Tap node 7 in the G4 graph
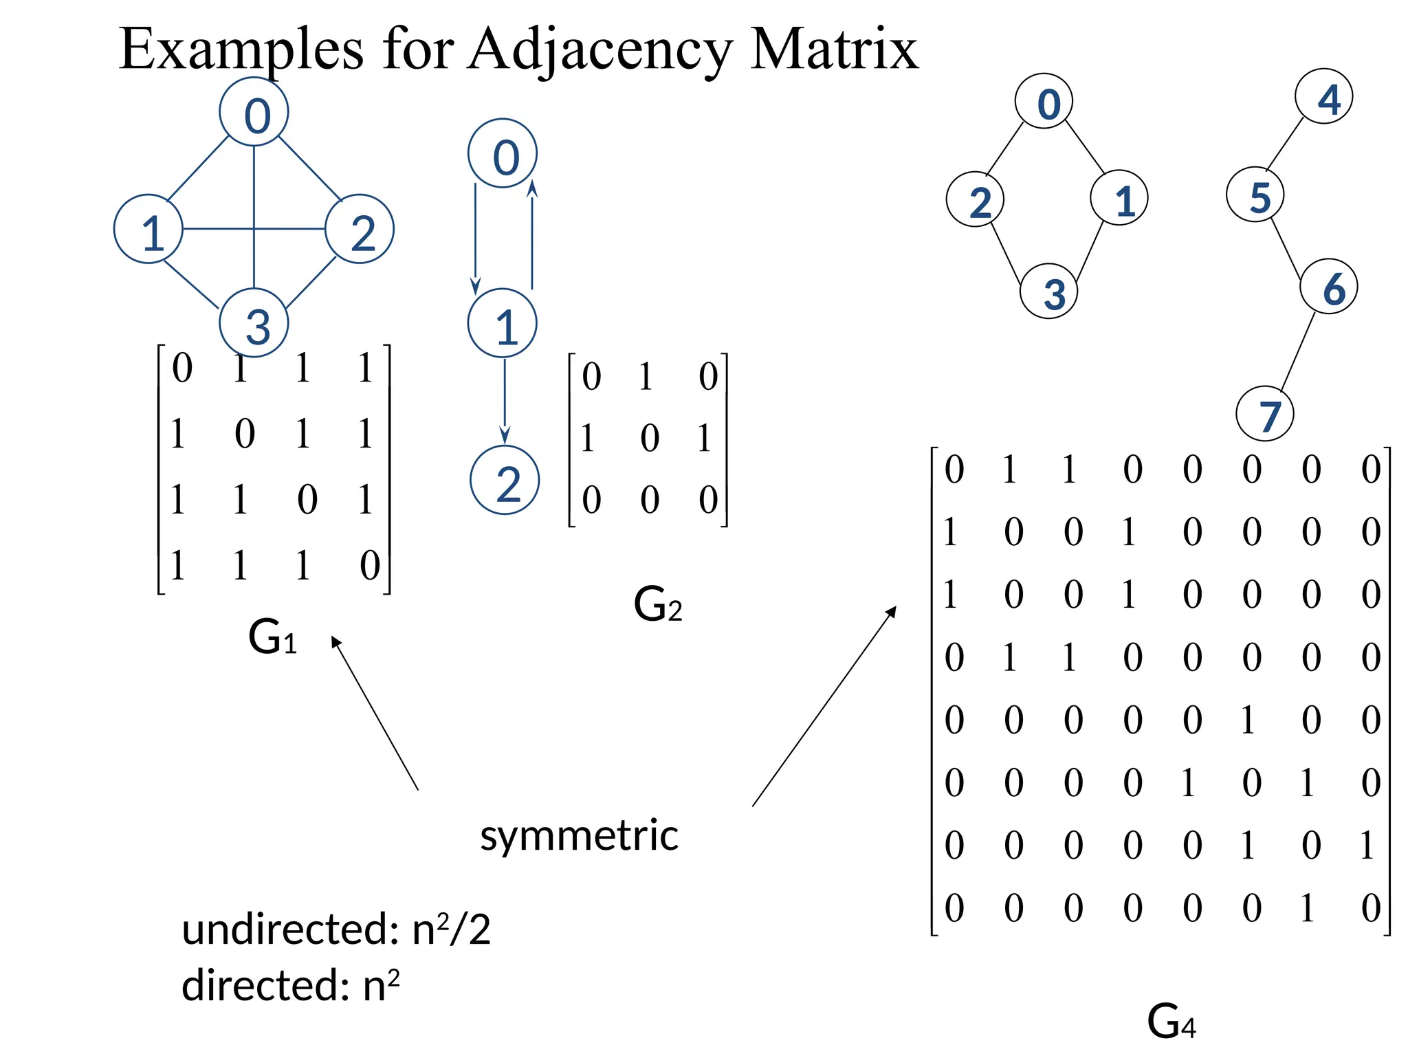point(1264,414)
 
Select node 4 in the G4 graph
point(1323,97)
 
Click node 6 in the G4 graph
point(1328,287)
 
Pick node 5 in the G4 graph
point(1255,195)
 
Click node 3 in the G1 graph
point(254,323)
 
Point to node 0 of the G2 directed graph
point(503,153)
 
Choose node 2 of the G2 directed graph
point(505,481)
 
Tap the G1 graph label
point(272,637)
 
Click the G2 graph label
point(657,605)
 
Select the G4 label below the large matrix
point(1171,1022)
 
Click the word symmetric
point(579,836)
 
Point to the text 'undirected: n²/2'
point(335,929)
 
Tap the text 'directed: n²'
point(290,986)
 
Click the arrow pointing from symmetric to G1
point(375,713)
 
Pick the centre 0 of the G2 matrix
point(650,439)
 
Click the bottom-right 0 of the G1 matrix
point(370,566)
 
